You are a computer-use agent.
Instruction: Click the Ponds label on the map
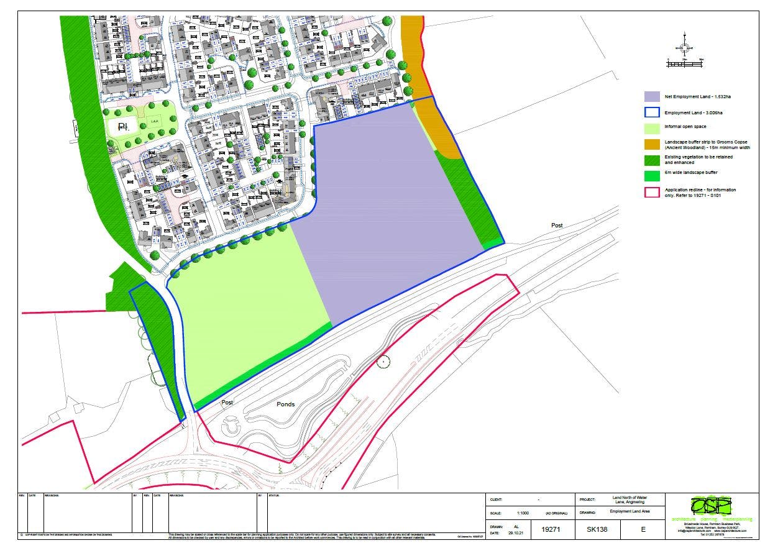click(285, 404)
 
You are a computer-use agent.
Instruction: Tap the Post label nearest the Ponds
click(227, 403)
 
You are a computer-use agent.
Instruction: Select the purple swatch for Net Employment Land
click(651, 97)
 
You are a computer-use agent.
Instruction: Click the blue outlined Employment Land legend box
click(651, 112)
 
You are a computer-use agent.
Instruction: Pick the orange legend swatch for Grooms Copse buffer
click(651, 144)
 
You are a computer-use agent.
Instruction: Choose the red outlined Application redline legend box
click(651, 191)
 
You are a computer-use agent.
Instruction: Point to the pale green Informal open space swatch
click(651, 127)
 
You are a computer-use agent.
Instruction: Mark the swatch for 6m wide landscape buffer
click(651, 175)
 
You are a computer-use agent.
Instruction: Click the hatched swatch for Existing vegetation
click(651, 160)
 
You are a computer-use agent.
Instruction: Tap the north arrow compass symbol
click(684, 47)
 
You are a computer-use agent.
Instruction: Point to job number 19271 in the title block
click(551, 529)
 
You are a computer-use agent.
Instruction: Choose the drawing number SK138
click(597, 529)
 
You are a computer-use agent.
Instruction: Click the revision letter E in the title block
click(643, 529)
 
